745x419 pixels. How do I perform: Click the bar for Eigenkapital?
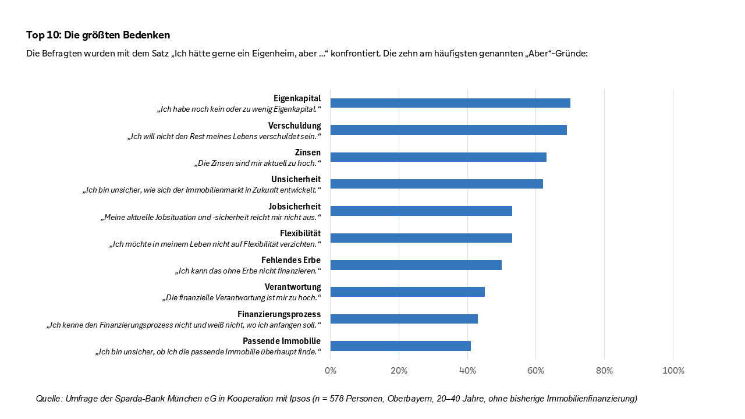point(450,103)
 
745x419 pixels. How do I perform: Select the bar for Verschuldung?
point(448,130)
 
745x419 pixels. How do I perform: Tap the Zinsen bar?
point(438,157)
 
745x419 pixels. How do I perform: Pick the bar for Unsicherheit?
point(437,184)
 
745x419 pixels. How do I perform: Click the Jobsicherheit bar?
point(421,211)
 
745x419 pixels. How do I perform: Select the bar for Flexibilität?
point(421,238)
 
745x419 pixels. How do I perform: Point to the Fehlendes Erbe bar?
point(416,265)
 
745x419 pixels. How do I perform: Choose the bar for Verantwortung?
point(407,292)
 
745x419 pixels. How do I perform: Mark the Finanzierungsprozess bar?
point(404,319)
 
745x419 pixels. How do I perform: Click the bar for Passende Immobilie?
point(400,346)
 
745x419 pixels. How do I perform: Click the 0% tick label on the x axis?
point(331,371)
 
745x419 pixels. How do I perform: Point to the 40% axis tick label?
point(467,371)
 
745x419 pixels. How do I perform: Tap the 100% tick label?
point(673,371)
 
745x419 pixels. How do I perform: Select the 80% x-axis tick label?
point(605,371)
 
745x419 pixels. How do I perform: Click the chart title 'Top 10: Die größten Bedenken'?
point(98,35)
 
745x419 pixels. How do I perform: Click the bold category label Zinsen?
point(307,152)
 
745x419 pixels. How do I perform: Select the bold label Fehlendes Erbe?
point(291,260)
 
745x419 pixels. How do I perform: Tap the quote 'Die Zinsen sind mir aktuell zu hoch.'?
point(257,164)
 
